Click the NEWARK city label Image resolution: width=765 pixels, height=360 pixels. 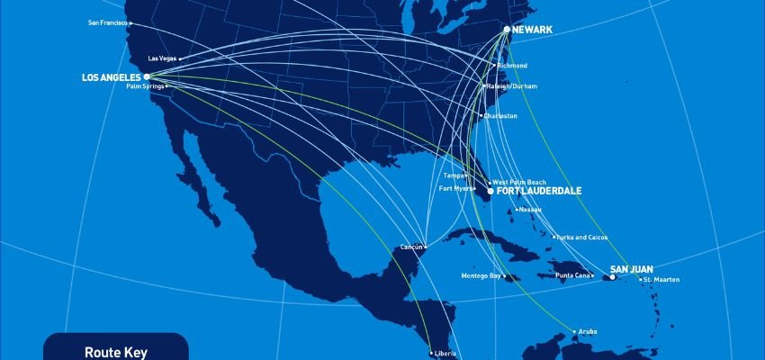coord(532,30)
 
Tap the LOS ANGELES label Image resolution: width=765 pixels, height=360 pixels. coord(111,77)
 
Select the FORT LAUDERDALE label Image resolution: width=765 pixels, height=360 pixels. coord(539,192)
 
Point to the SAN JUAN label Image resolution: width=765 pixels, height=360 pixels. coord(631,269)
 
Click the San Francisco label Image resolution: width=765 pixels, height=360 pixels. coord(107,22)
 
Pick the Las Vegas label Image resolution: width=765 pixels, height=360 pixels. coord(162,58)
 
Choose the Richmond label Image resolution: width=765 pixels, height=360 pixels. coord(513,66)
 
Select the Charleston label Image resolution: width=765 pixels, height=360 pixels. coord(501,116)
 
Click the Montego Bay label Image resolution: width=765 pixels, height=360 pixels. coord(481,275)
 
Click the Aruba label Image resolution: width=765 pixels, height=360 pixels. coord(587,331)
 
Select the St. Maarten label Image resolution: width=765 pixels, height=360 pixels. coord(662,280)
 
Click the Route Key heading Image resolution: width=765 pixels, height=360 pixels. coord(115,353)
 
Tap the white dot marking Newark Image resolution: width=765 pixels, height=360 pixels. coord(507,30)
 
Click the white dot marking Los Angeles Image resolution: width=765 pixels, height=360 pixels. coord(147,77)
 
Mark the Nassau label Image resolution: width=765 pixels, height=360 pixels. coord(531,210)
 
